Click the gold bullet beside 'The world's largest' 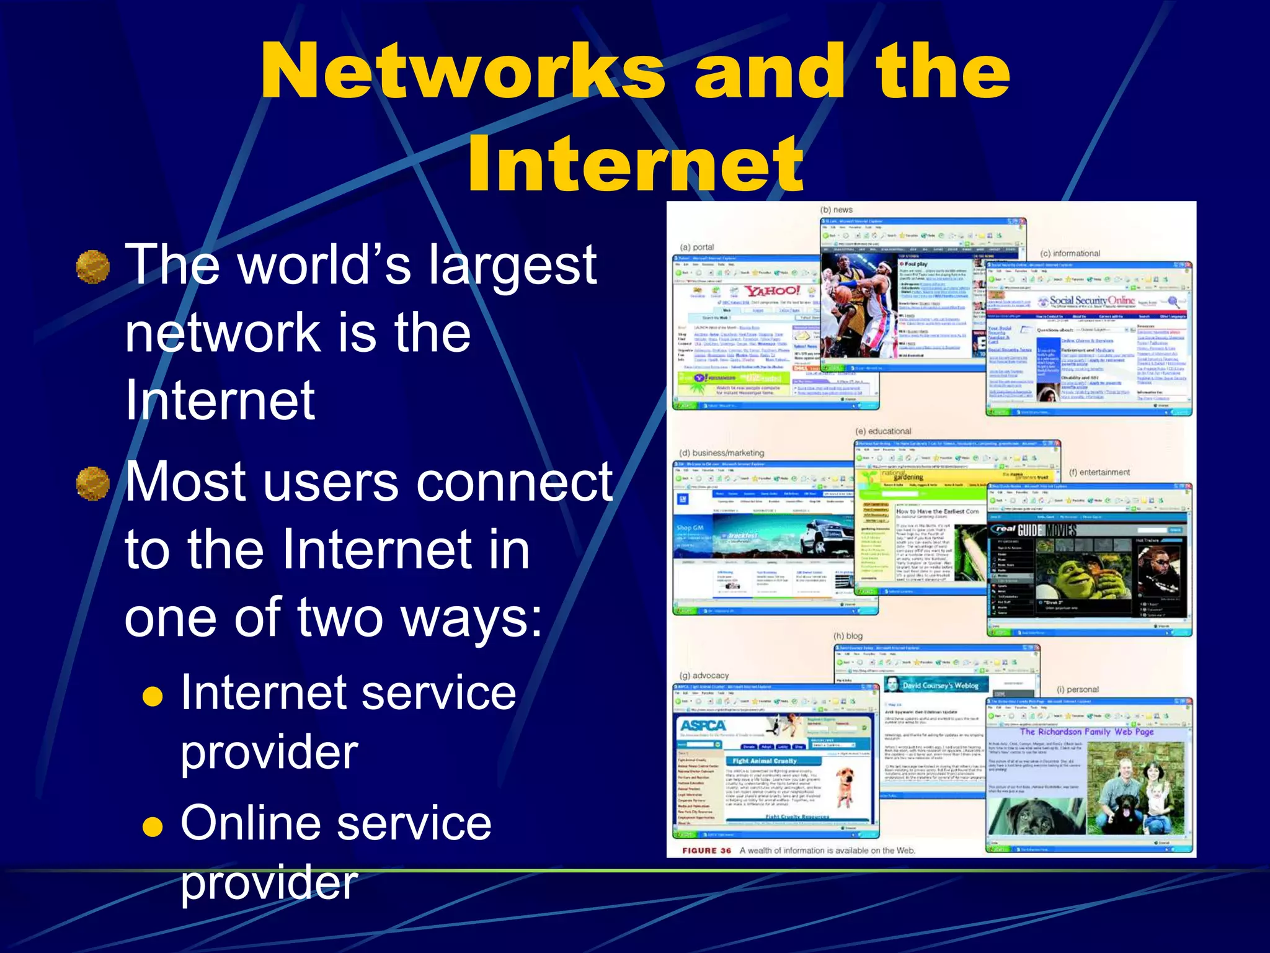click(93, 267)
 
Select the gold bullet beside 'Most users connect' click(93, 484)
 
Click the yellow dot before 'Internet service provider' click(153, 697)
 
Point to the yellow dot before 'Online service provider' click(153, 827)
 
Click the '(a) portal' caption click(696, 247)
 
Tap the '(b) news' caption click(836, 210)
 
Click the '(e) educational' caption click(883, 431)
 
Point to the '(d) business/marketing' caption click(722, 453)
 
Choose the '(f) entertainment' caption click(1099, 472)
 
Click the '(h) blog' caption click(848, 636)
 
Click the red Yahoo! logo click(773, 291)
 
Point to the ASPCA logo click(703, 725)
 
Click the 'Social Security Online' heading click(1092, 300)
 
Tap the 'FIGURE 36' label click(706, 851)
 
